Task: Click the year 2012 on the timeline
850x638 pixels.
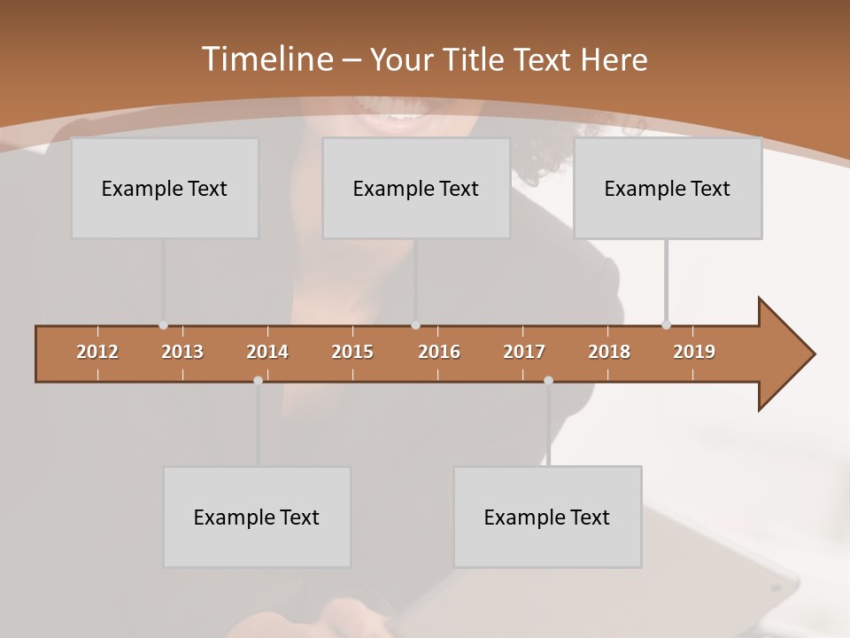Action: (x=97, y=352)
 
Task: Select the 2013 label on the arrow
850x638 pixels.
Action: (x=182, y=352)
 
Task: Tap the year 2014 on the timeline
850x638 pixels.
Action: (x=267, y=352)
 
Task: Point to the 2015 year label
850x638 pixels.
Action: (x=352, y=352)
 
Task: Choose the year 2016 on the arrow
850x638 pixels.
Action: (x=439, y=352)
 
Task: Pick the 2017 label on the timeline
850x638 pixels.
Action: (x=524, y=352)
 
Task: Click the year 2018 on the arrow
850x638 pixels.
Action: (x=609, y=352)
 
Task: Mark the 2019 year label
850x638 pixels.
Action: (x=694, y=352)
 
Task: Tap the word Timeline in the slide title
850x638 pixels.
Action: (x=266, y=58)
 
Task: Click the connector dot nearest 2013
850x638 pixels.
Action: (x=163, y=325)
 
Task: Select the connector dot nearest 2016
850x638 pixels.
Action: (x=415, y=325)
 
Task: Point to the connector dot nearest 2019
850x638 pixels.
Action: (x=666, y=325)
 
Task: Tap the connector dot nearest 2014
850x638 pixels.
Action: (x=258, y=380)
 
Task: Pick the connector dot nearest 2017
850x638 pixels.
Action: (x=548, y=380)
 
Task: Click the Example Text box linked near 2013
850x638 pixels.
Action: (x=165, y=188)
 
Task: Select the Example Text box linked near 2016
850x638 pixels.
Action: (x=416, y=188)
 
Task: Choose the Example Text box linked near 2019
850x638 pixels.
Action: (x=668, y=188)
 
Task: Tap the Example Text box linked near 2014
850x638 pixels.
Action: (x=257, y=517)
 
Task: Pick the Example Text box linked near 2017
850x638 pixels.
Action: (x=547, y=517)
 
